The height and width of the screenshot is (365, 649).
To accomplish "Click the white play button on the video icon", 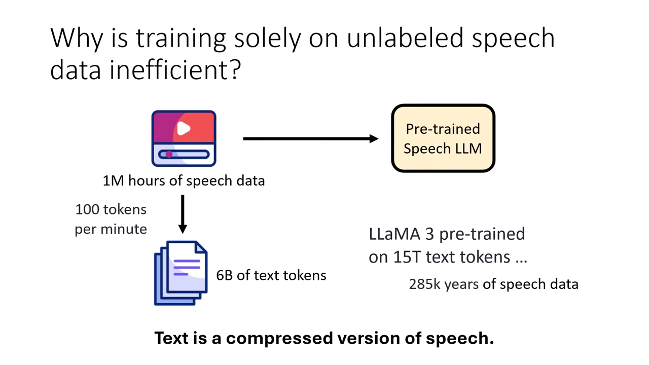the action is coord(184,128).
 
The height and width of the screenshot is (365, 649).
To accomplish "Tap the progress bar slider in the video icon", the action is coord(184,155).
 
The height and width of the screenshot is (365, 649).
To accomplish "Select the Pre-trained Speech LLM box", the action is coord(443,138).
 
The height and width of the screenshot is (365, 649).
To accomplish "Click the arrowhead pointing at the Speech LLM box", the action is coord(374,139).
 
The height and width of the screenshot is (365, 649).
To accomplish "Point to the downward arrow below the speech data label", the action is coord(183,214).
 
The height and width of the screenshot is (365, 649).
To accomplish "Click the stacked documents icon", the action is coord(181,273).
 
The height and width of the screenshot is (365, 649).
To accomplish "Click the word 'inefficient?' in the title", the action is coord(175,70).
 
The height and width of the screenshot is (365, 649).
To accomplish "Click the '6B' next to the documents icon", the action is coord(224,275).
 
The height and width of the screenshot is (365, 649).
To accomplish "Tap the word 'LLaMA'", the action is coord(394,234).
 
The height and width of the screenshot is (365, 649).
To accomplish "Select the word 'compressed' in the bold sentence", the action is coord(279,339).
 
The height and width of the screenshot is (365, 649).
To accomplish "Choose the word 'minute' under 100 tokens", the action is coord(124,229).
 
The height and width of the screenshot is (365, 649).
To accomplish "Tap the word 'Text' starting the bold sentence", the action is coord(171,338).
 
